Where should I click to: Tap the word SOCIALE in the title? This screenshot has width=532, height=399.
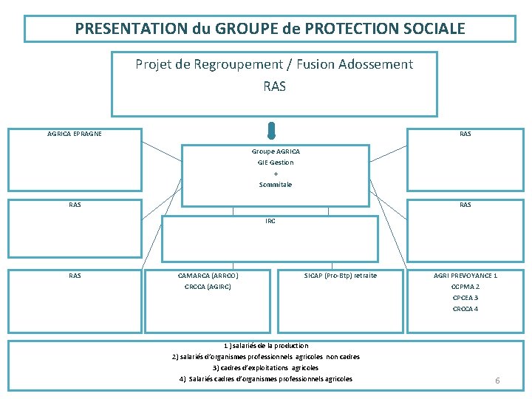click(x=435, y=29)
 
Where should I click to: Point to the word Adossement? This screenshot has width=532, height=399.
click(x=376, y=64)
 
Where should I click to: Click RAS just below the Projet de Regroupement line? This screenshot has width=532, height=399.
click(x=274, y=86)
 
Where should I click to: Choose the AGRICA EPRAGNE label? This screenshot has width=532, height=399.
click(x=75, y=134)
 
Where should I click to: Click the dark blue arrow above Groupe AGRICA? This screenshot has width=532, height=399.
click(x=272, y=131)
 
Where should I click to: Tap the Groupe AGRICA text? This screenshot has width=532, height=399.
click(x=276, y=151)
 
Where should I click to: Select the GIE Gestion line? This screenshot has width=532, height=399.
click(x=276, y=162)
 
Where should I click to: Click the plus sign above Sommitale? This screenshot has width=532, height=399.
click(x=276, y=173)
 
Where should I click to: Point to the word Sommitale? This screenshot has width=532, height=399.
click(x=276, y=184)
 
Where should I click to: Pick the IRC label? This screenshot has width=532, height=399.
click(x=270, y=221)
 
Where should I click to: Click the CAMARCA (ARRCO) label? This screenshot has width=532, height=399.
click(x=208, y=276)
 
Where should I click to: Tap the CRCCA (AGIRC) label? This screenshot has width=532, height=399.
click(x=208, y=287)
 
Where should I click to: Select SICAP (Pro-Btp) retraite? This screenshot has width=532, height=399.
click(x=340, y=276)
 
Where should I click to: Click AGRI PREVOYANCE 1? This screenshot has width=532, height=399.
click(x=465, y=276)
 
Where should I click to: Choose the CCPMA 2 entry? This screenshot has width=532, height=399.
click(x=465, y=287)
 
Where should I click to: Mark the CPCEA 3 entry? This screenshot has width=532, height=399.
click(x=465, y=298)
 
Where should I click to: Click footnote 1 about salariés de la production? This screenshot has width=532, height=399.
click(x=266, y=345)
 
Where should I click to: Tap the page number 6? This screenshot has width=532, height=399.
click(x=497, y=381)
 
